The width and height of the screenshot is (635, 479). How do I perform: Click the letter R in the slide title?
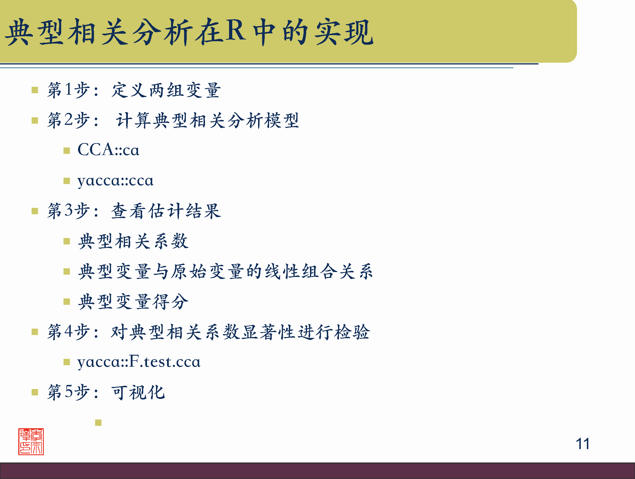(235, 30)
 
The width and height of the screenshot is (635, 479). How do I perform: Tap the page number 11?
(583, 444)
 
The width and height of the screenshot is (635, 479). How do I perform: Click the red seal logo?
(31, 442)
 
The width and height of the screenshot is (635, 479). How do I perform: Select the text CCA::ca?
(108, 150)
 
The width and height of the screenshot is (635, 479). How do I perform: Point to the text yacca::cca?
(115, 181)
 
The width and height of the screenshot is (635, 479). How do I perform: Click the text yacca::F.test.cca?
(139, 362)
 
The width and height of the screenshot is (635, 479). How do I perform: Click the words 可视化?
(138, 392)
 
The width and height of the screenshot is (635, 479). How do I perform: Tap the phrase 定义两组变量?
(166, 90)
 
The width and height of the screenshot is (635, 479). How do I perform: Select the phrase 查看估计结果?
(166, 211)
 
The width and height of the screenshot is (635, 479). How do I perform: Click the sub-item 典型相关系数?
(133, 242)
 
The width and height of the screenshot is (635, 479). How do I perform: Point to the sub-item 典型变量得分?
(133, 302)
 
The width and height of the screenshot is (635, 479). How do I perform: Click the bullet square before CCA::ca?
(67, 151)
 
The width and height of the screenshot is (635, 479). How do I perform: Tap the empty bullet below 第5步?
(98, 423)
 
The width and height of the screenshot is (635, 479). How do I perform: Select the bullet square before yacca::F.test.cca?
(67, 362)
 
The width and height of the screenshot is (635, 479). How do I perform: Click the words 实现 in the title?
(344, 32)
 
